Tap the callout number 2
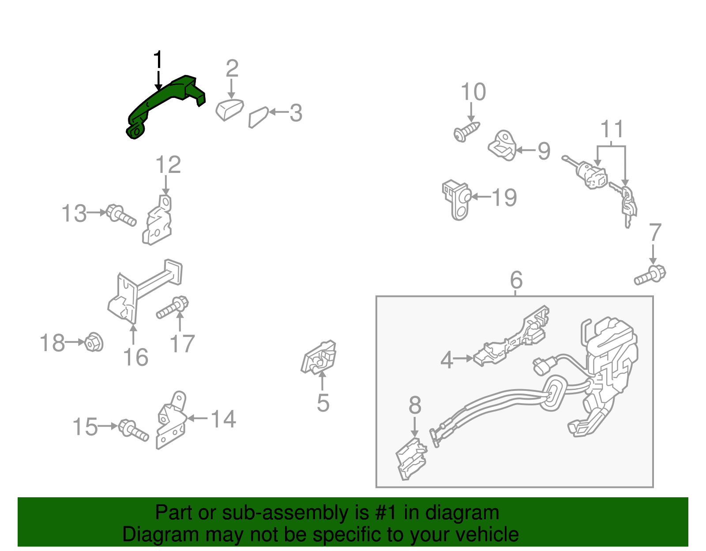[x=232, y=68]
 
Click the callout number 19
[x=504, y=197]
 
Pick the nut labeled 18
[x=94, y=342]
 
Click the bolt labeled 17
[x=172, y=307]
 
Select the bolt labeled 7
[x=650, y=275]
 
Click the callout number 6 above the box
[x=516, y=280]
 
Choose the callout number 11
[x=612, y=129]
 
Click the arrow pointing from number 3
[x=279, y=112]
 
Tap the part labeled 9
[x=502, y=146]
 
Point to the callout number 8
[x=415, y=405]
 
